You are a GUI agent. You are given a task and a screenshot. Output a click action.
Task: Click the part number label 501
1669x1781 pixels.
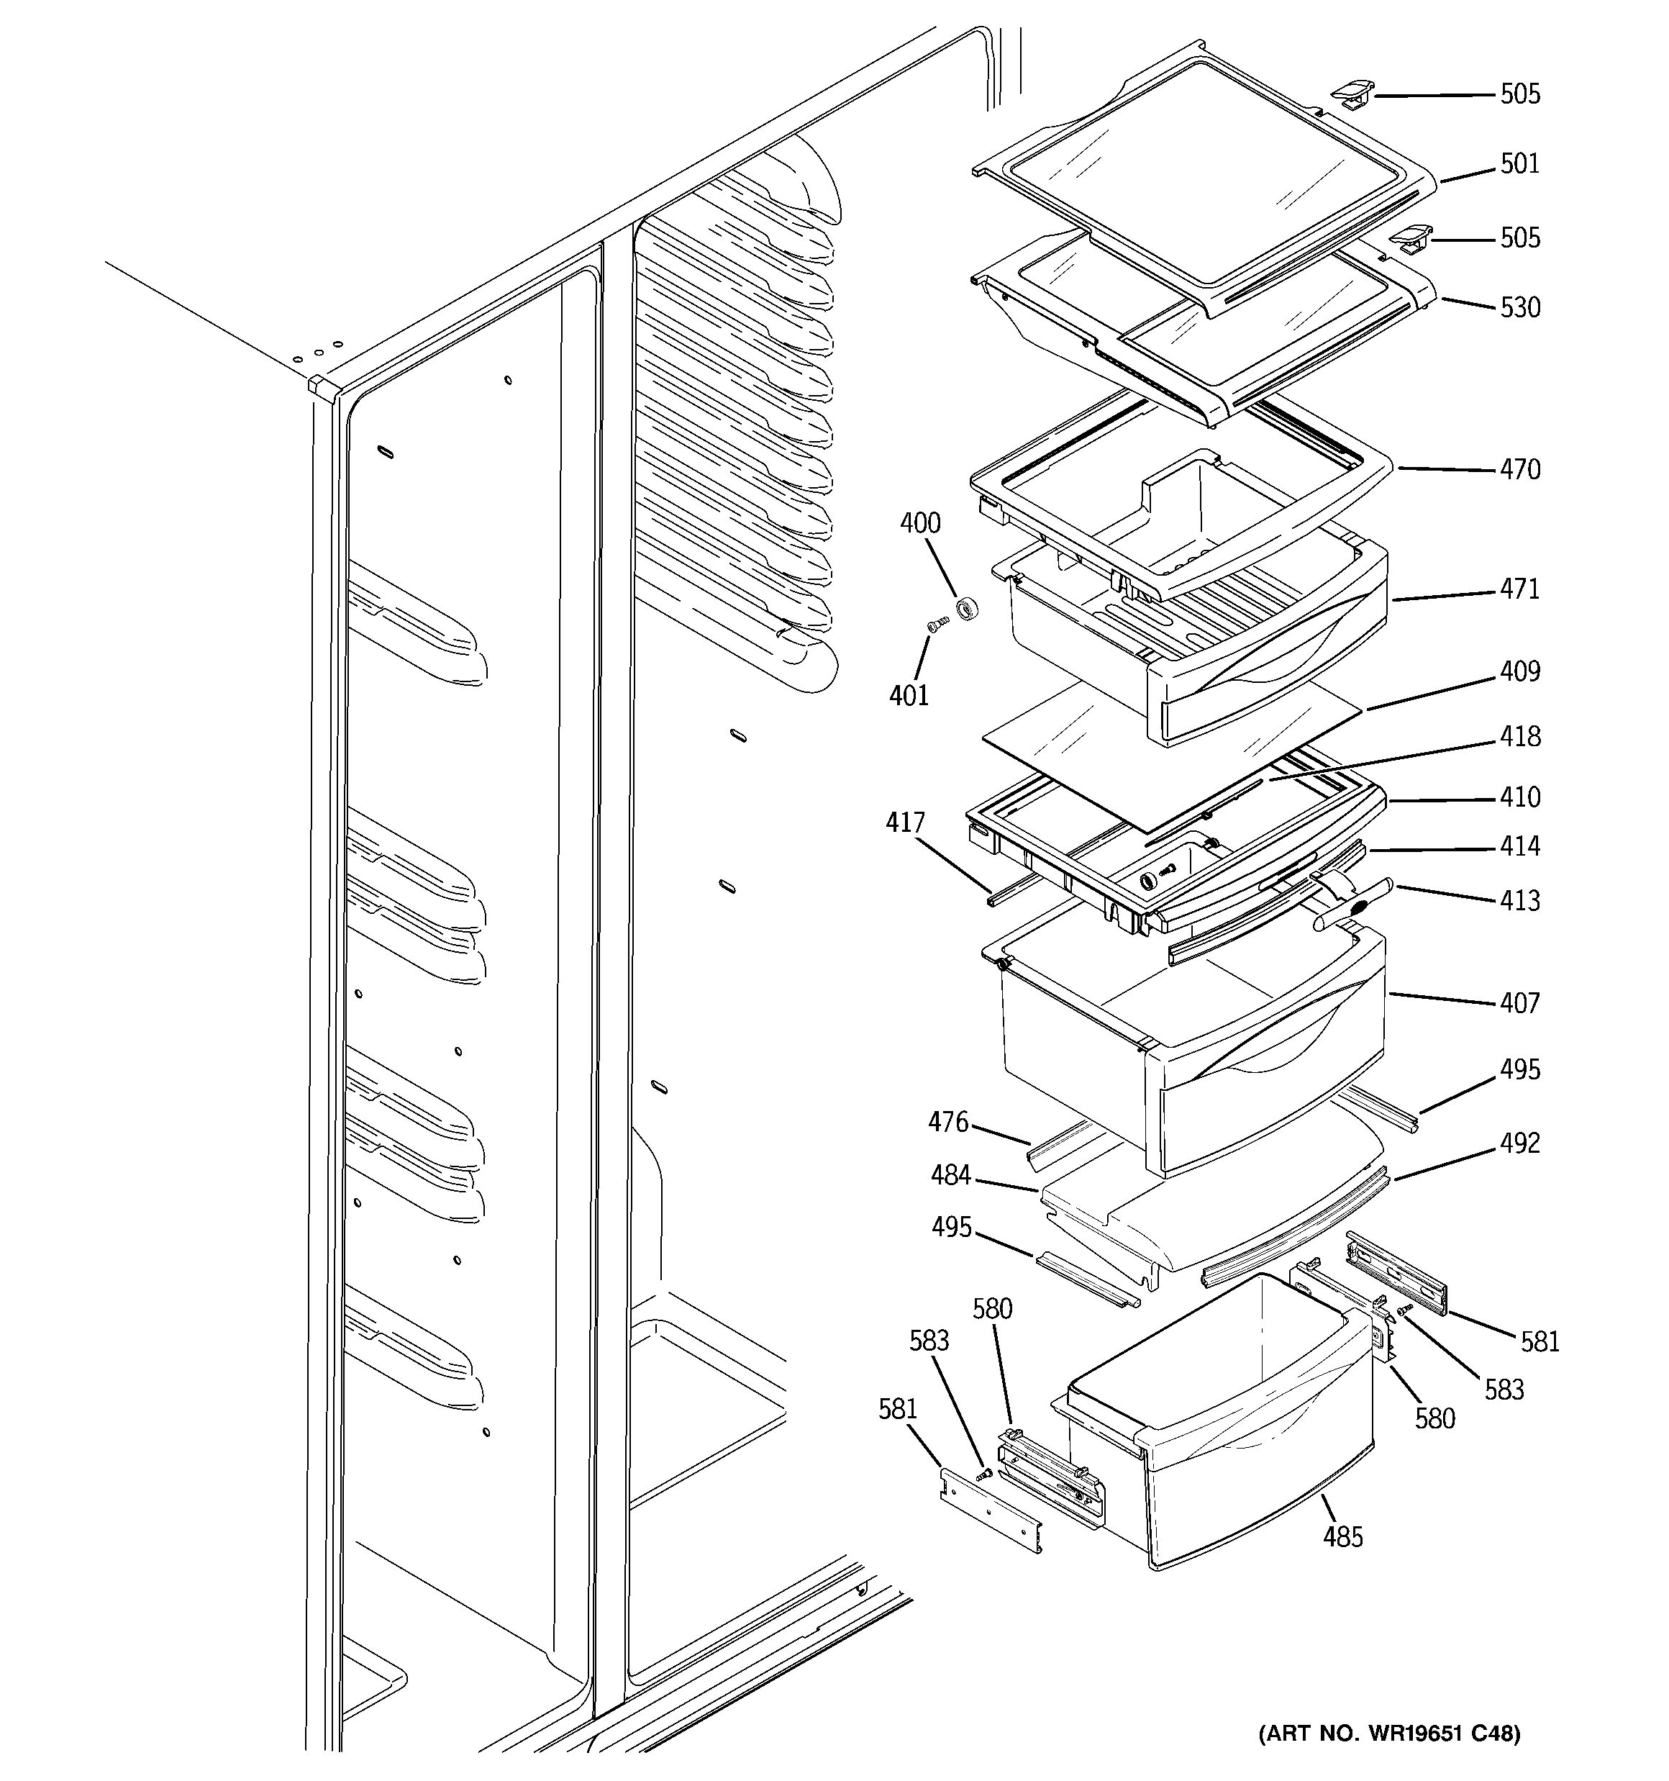pyautogui.click(x=1519, y=164)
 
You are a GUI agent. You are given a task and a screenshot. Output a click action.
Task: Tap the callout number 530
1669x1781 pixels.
pyautogui.click(x=1519, y=307)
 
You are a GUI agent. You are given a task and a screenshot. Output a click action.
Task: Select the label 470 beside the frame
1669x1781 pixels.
pyautogui.click(x=1519, y=469)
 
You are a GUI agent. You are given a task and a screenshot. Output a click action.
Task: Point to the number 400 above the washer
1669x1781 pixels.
pyautogui.click(x=920, y=523)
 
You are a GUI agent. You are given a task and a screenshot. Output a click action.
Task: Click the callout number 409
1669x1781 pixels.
pyautogui.click(x=1519, y=671)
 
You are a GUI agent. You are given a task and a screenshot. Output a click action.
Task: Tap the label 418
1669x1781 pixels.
pyautogui.click(x=1519, y=736)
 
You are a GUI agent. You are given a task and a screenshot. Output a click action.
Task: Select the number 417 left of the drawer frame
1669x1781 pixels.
pyautogui.click(x=905, y=822)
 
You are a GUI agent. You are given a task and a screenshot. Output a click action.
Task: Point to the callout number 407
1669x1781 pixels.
pyautogui.click(x=1519, y=1002)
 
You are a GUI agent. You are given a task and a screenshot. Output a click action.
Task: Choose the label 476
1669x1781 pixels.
pyautogui.click(x=948, y=1122)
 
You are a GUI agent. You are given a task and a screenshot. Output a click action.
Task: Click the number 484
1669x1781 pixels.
pyautogui.click(x=950, y=1174)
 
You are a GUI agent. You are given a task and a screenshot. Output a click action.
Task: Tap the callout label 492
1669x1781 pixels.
pyautogui.click(x=1519, y=1143)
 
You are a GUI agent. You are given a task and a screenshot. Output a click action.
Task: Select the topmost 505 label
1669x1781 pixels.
pyautogui.click(x=1519, y=94)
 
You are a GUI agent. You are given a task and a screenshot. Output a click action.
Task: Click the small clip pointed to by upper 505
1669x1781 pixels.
pyautogui.click(x=1352, y=92)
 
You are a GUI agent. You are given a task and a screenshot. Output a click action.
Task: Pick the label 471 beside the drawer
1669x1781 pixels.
pyautogui.click(x=1519, y=589)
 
